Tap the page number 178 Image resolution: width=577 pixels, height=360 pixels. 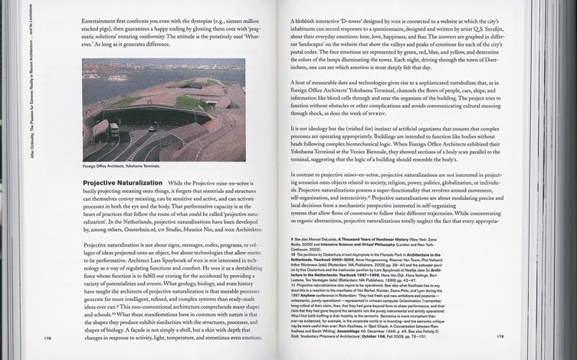click(48, 335)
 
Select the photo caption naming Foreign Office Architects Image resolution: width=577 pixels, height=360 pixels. click(120, 165)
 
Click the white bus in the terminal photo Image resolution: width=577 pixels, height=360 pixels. click(114, 129)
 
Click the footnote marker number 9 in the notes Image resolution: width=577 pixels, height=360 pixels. click(293, 238)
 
